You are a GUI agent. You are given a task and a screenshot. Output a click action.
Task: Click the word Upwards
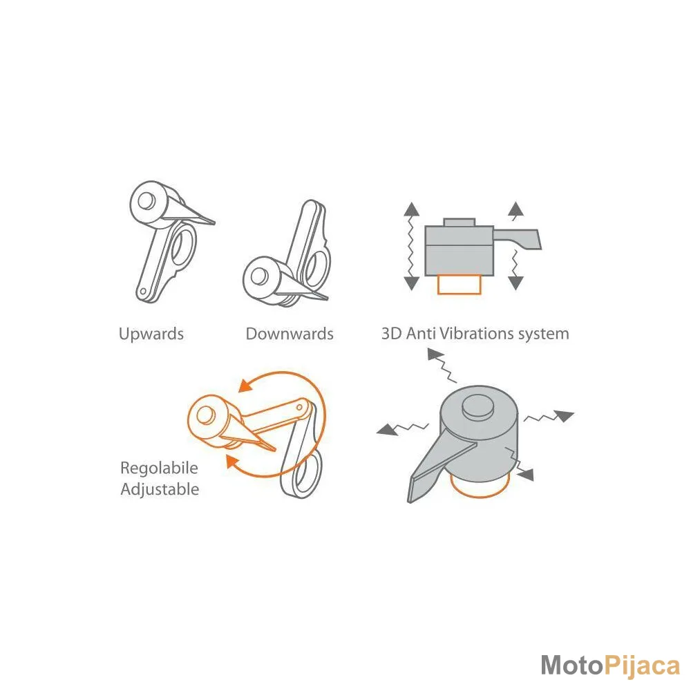(x=151, y=334)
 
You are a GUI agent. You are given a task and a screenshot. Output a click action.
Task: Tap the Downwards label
(x=290, y=334)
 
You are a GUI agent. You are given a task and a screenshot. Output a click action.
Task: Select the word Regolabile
(x=159, y=468)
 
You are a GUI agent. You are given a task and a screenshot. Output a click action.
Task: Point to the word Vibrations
(x=477, y=334)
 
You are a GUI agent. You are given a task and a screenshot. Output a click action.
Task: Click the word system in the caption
(x=544, y=334)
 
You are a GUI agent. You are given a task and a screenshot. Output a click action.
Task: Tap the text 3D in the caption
(x=391, y=334)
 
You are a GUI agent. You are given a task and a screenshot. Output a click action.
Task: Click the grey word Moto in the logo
(x=571, y=665)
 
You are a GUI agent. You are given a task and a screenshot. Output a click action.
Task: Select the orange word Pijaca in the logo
(x=642, y=666)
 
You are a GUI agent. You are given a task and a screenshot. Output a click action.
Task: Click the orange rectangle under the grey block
(x=459, y=284)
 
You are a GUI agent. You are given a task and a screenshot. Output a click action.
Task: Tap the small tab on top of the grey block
(x=460, y=222)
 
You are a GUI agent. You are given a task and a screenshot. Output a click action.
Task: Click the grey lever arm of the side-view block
(x=518, y=238)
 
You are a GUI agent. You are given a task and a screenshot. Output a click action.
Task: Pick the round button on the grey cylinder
(x=478, y=406)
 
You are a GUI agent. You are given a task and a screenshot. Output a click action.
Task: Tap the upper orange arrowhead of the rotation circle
(x=245, y=385)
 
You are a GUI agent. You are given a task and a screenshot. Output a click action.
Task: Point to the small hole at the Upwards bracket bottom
(x=142, y=292)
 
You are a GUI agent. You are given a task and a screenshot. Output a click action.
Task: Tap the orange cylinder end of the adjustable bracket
(x=206, y=416)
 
